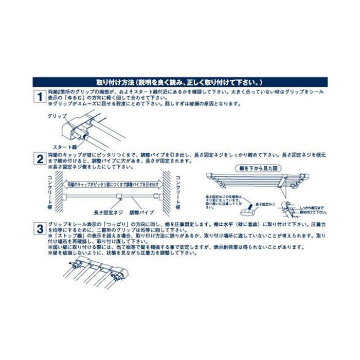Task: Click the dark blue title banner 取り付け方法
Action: coord(180,82)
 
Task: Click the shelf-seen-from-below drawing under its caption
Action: coord(257,181)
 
